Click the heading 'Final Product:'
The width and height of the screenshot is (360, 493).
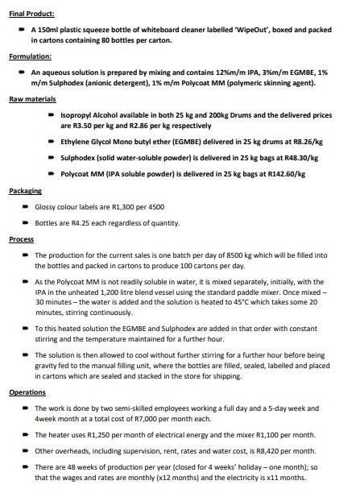(x=31, y=14)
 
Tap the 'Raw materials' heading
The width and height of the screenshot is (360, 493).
(x=32, y=100)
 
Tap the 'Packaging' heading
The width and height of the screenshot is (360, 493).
(x=26, y=190)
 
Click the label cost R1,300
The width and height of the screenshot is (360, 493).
(x=122, y=207)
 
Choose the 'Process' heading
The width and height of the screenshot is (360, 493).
(x=23, y=239)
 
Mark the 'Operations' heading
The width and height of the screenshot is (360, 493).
(x=29, y=392)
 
